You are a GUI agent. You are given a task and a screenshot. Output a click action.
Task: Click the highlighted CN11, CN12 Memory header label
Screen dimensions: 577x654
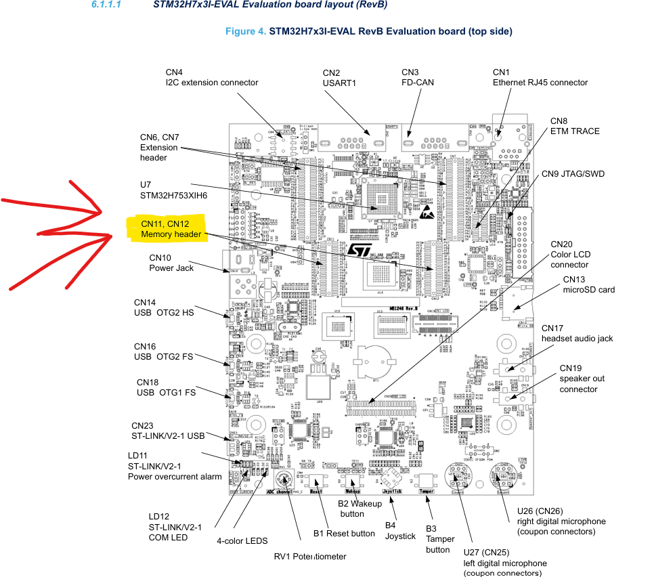pyautogui.click(x=171, y=229)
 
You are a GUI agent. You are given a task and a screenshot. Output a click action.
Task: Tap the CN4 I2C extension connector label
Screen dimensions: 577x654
pyautogui.click(x=212, y=77)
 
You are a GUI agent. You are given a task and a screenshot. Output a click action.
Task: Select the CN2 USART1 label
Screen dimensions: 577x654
pyautogui.click(x=339, y=78)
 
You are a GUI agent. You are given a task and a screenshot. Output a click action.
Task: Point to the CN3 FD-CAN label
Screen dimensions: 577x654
pyautogui.click(x=418, y=77)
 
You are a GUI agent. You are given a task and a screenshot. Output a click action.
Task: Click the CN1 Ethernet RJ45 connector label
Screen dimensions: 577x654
pyautogui.click(x=540, y=77)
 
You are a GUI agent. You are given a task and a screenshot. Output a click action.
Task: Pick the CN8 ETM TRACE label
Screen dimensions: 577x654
pyautogui.click(x=575, y=126)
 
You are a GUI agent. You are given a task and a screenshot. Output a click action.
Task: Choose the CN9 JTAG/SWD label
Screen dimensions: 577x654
pyautogui.click(x=573, y=174)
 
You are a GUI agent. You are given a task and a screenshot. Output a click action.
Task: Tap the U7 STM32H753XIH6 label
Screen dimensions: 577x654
pyautogui.click(x=173, y=190)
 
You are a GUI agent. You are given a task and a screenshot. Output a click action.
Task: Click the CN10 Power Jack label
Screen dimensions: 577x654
pyautogui.click(x=171, y=263)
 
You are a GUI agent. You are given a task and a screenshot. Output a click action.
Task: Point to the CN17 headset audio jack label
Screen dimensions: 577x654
pyautogui.click(x=576, y=333)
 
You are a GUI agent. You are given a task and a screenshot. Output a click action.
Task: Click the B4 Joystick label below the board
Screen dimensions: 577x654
pyautogui.click(x=400, y=531)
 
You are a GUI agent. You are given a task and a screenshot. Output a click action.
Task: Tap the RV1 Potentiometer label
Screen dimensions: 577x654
pyautogui.click(x=309, y=556)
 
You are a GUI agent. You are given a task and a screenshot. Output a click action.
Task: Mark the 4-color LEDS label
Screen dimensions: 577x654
pyautogui.click(x=242, y=541)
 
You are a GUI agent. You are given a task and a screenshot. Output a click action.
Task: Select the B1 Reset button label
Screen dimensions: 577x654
pyautogui.click(x=344, y=533)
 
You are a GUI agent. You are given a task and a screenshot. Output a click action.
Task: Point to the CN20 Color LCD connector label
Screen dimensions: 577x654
pyautogui.click(x=569, y=255)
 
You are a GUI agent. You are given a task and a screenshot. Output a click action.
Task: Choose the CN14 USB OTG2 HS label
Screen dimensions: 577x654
pyautogui.click(x=163, y=307)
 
